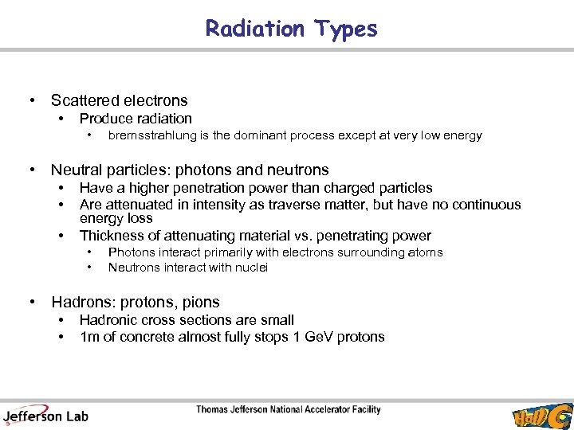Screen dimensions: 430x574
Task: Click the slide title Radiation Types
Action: pyautogui.click(x=291, y=29)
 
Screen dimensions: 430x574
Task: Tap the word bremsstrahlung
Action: pyautogui.click(x=147, y=135)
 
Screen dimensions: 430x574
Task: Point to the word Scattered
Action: pyautogui.click(x=83, y=100)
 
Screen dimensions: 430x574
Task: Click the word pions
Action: pyautogui.click(x=202, y=303)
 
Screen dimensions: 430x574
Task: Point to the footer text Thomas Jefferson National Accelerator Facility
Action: pyautogui.click(x=289, y=410)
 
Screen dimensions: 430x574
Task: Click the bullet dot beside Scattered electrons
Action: pyautogui.click(x=32, y=100)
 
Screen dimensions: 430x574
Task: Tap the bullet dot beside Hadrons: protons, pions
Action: pyautogui.click(x=32, y=303)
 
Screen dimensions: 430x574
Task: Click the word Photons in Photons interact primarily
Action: pyautogui.click(x=130, y=252)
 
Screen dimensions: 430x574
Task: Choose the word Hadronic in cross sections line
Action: pyautogui.click(x=107, y=320)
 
